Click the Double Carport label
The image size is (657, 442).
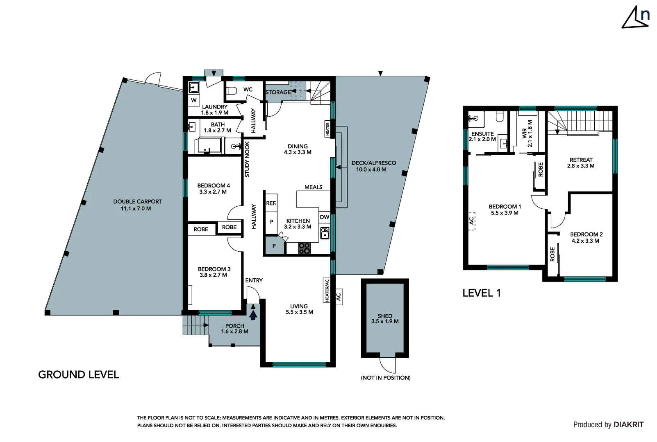137,205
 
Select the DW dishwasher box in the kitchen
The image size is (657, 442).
324,217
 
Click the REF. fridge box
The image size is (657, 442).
271,203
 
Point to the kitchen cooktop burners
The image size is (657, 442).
304,248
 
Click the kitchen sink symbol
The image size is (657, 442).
324,233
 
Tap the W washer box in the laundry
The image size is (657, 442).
194,100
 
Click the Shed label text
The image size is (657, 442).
385,318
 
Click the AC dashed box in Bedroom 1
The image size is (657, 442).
472,221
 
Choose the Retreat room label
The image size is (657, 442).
581,163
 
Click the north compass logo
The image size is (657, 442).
636,18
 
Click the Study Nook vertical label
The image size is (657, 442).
247,159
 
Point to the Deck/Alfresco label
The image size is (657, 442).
373,166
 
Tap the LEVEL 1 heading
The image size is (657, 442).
482,293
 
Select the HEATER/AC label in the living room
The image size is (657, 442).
327,290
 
